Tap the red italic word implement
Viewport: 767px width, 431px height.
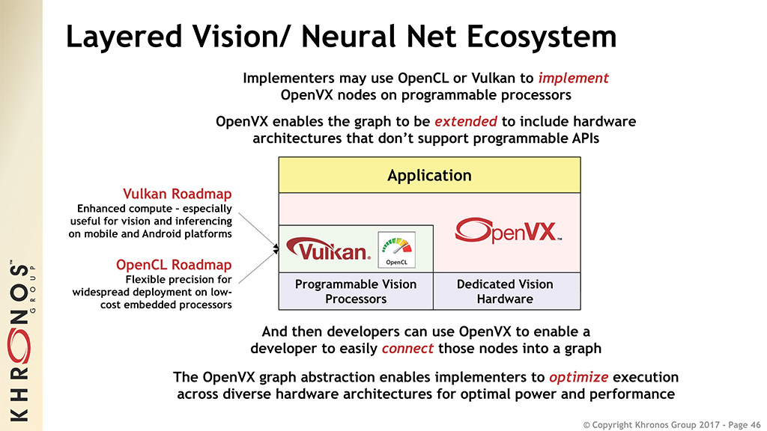point(573,78)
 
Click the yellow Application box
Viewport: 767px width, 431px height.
point(429,175)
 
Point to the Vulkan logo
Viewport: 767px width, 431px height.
point(328,250)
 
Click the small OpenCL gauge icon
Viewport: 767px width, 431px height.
point(396,250)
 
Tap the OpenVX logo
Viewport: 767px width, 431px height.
point(507,231)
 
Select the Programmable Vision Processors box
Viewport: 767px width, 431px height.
point(356,291)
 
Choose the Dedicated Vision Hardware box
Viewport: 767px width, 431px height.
point(505,291)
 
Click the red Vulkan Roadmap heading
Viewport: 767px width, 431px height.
point(183,195)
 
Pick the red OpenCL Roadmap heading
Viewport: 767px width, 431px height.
point(174,265)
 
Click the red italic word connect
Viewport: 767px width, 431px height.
point(407,349)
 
